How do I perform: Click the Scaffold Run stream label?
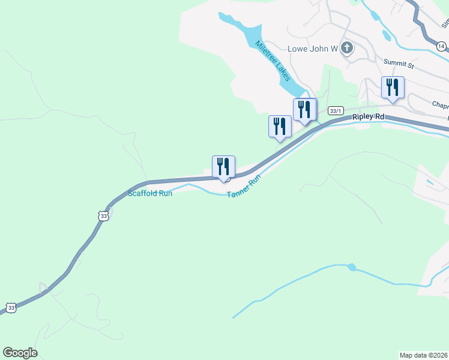click(x=150, y=193)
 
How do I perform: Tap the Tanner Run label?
click(x=244, y=187)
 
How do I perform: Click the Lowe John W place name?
click(x=313, y=49)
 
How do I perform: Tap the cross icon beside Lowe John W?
click(x=347, y=48)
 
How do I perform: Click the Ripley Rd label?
click(x=368, y=117)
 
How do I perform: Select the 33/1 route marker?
click(x=336, y=111)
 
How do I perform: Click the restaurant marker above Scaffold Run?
click(x=223, y=167)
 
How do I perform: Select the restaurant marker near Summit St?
click(x=393, y=88)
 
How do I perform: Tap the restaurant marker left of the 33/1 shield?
click(x=305, y=110)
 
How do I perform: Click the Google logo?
click(x=20, y=353)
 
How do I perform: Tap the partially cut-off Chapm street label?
click(x=440, y=105)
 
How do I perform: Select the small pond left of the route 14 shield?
click(x=386, y=37)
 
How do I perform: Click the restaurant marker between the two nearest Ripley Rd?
click(x=280, y=127)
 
